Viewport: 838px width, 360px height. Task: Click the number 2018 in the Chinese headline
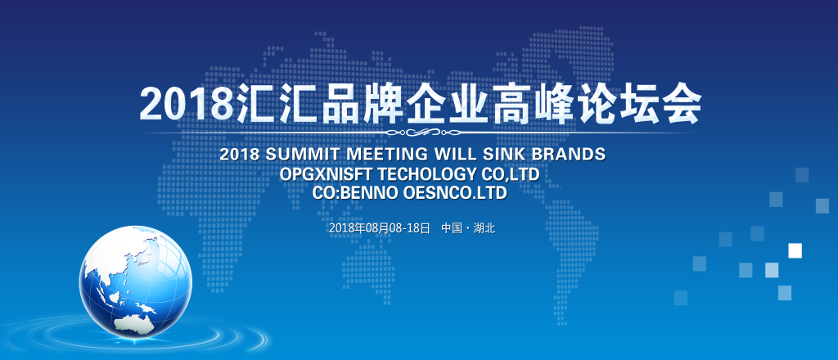[x=187, y=104]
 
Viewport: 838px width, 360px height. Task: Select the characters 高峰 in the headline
[x=534, y=104]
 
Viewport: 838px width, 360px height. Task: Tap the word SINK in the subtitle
[x=498, y=155]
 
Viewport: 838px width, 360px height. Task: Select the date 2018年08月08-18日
[x=380, y=228]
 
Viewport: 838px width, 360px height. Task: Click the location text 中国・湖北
[x=468, y=228]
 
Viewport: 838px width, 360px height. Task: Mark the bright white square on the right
[x=795, y=250]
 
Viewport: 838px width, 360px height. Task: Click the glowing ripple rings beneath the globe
[x=133, y=335]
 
